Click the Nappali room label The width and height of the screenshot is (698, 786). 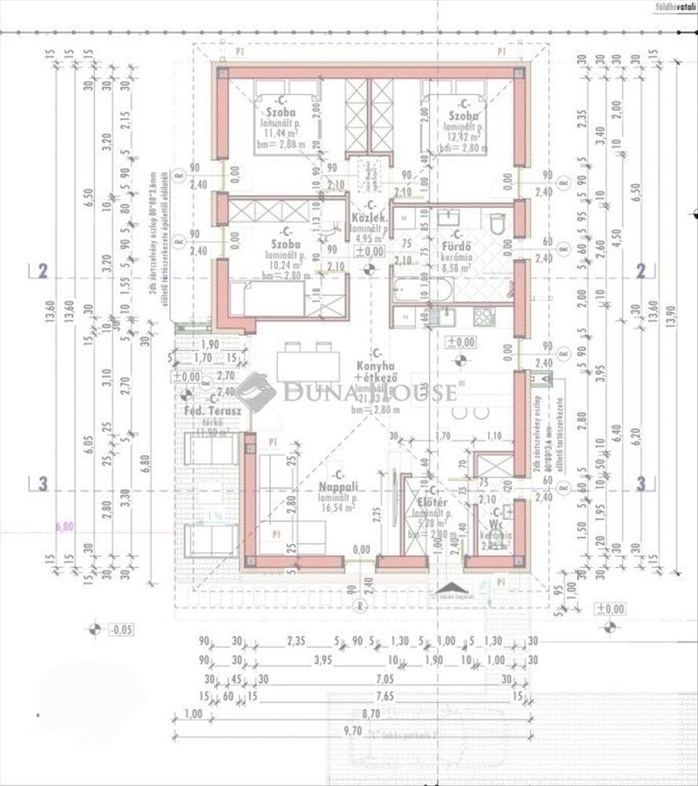point(338,487)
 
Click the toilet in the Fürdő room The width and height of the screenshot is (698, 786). point(499,225)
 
